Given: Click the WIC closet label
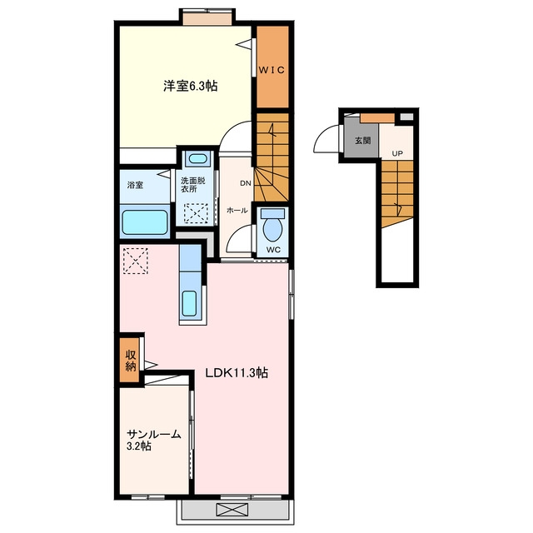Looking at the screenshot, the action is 271,70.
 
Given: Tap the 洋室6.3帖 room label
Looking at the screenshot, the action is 191,86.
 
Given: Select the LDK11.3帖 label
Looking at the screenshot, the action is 237,373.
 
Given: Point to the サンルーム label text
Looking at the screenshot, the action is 154,434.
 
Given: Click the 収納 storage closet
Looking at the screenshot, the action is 130,360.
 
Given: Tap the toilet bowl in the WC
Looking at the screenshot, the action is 272,228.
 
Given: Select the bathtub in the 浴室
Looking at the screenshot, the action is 145,222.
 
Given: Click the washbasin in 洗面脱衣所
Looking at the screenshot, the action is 197,159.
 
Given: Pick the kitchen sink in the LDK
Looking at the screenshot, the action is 189,303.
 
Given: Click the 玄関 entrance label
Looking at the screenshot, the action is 362,141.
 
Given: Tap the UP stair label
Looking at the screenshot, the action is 397,153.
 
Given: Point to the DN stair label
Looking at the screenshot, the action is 246,183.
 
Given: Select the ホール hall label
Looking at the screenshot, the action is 237,211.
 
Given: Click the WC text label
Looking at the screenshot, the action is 273,250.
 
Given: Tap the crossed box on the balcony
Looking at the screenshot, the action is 232,510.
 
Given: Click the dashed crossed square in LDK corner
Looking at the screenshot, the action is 136,261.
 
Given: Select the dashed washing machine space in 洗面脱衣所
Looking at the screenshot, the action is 196,213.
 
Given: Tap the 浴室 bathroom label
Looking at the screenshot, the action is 135,185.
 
